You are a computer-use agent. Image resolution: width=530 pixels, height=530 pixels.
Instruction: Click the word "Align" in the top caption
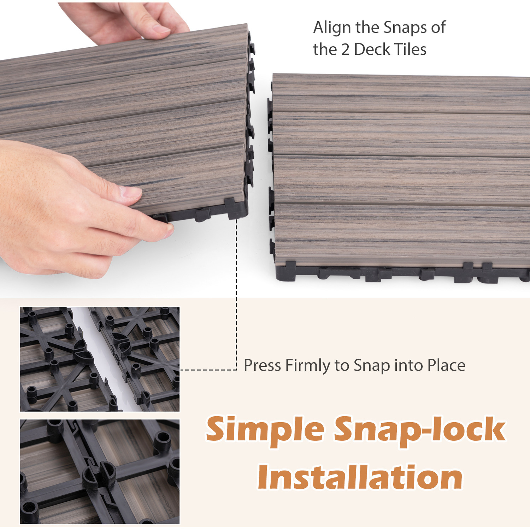tap(332, 28)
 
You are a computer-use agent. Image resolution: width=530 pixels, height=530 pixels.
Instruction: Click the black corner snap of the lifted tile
tap(235, 208)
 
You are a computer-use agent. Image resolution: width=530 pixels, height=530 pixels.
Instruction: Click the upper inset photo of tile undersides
tap(100, 359)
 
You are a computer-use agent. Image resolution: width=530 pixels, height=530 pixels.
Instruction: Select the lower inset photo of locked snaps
tap(100, 472)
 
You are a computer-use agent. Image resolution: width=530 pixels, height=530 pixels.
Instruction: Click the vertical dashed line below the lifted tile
tap(236, 295)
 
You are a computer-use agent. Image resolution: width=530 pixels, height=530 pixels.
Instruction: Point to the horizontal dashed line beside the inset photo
tap(208, 370)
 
